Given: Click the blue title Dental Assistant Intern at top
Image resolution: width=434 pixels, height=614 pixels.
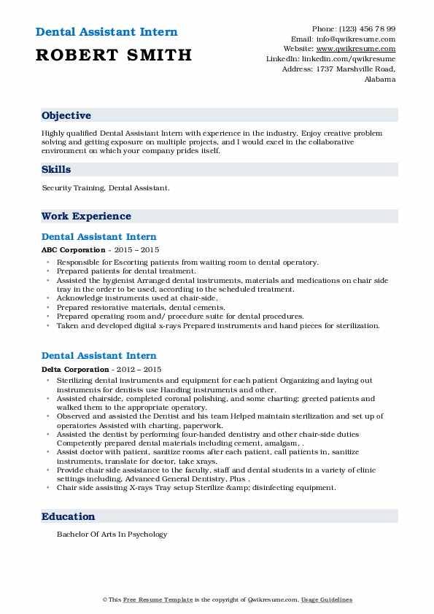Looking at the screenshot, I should pyautogui.click(x=106, y=32).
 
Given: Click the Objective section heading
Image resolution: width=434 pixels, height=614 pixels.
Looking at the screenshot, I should pyautogui.click(x=66, y=116).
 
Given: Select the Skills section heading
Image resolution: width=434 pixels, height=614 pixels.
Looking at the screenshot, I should pyautogui.click(x=56, y=170).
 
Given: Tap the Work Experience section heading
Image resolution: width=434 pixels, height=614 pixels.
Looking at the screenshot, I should pyautogui.click(x=86, y=217).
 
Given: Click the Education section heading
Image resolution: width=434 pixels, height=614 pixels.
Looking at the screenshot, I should pyautogui.click(x=68, y=517).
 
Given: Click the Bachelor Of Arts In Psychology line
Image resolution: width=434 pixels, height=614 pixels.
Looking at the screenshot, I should pyautogui.click(x=112, y=535).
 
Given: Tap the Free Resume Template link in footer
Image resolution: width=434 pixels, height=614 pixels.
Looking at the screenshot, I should pyautogui.click(x=150, y=599).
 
